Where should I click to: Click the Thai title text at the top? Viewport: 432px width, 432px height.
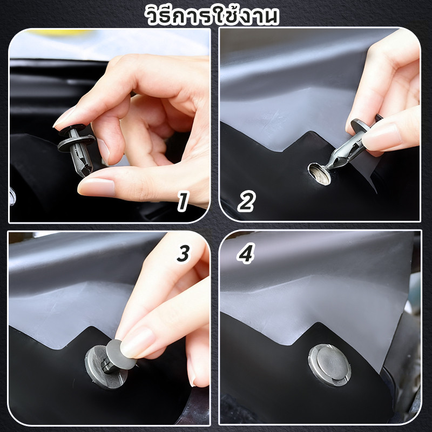[212, 15]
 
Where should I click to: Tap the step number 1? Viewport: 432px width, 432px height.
[183, 202]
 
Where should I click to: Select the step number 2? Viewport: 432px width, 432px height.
[247, 201]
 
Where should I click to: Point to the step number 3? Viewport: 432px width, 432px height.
[183, 253]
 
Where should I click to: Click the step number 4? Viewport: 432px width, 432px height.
[246, 253]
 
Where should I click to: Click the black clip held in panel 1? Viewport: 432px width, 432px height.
[77, 149]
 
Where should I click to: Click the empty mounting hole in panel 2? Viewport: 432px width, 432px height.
[320, 174]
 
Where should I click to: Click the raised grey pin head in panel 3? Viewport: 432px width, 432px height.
[120, 355]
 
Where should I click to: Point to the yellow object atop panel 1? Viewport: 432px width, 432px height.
[59, 32]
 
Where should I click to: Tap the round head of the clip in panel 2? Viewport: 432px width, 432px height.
[360, 126]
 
